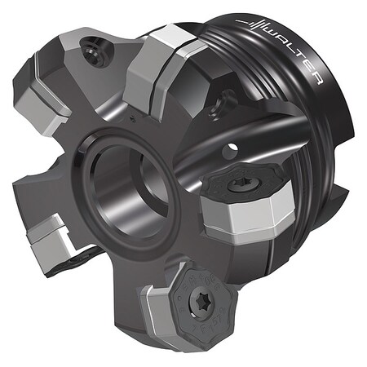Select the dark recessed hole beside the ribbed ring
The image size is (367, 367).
[x=218, y=105]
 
